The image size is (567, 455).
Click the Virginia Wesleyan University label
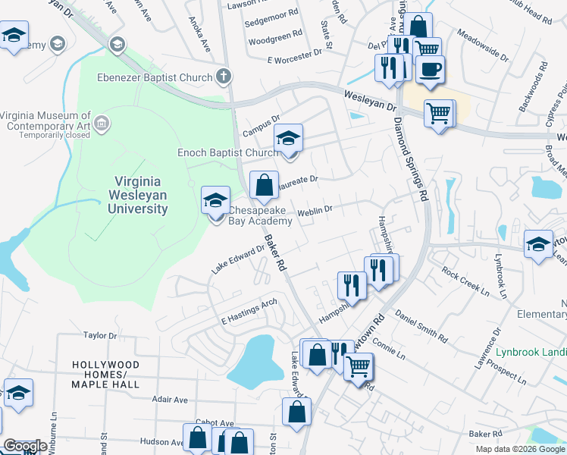(x=141, y=195)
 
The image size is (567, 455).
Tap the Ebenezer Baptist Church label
(x=155, y=77)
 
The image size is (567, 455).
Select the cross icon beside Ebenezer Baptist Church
(x=223, y=76)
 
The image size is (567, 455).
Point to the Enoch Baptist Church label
(x=227, y=152)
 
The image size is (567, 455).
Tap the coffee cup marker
(x=430, y=71)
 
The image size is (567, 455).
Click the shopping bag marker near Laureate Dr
(x=263, y=185)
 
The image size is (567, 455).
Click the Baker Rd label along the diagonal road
(x=274, y=253)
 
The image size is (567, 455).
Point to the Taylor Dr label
(x=100, y=334)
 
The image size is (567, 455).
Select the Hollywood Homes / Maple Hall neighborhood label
(x=105, y=375)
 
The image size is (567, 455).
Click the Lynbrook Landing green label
(x=531, y=352)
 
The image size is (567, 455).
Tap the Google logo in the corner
(x=26, y=446)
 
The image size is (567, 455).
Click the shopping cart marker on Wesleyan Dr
(x=439, y=115)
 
